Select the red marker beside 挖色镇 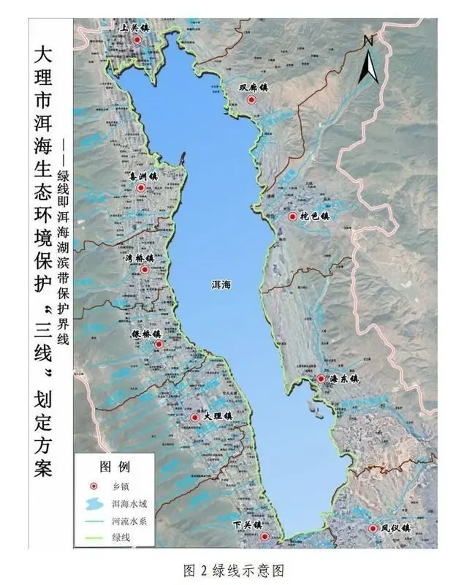point(293,217)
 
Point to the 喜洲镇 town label point(143,176)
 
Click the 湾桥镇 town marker point(145,270)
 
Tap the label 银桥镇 point(146,333)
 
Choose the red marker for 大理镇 point(195,417)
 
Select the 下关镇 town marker point(265,537)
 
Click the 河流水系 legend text point(131,522)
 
